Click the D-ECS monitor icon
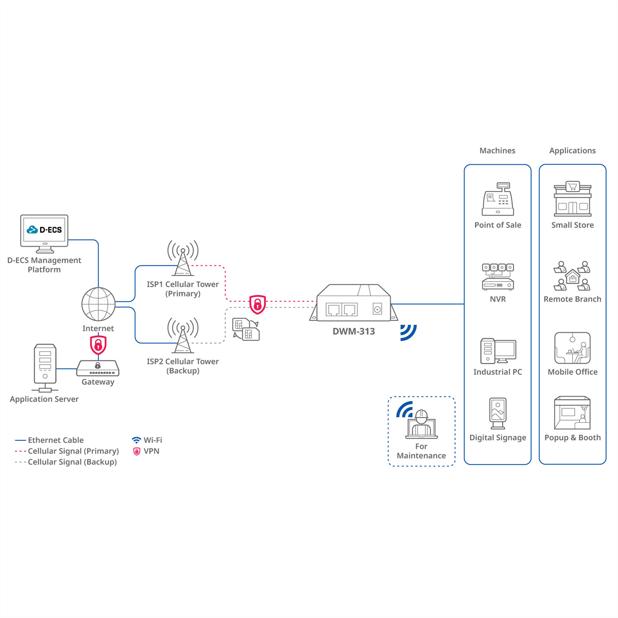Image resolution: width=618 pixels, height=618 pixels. pos(44,233)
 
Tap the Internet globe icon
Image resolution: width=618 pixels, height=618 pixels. pos(98,304)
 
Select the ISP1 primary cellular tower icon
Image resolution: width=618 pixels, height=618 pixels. pos(183,258)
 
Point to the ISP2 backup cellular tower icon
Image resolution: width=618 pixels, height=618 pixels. pos(183,335)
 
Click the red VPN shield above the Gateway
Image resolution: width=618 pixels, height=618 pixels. pos(98,345)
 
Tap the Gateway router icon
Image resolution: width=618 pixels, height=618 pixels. pos(98,368)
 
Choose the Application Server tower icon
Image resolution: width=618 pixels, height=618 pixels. pos(45,366)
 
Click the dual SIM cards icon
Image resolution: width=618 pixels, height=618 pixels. pos(246,330)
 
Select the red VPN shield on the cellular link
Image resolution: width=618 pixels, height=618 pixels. pos(257,304)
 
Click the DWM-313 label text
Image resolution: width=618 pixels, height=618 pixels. pos(354,332)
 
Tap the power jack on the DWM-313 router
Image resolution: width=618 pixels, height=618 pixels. pos(377,310)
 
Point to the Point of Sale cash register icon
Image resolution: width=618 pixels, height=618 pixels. pos(498,200)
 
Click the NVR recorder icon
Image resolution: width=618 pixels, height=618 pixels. pos(498,277)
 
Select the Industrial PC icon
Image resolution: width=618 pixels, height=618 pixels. pos(498,351)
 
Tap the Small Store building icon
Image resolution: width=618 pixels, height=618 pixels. pos(573,199)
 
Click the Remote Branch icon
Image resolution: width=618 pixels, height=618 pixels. pos(572,276)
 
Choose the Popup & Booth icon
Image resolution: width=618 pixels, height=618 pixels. pos(572,413)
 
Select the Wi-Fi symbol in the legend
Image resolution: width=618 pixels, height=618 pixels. pos(136,440)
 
